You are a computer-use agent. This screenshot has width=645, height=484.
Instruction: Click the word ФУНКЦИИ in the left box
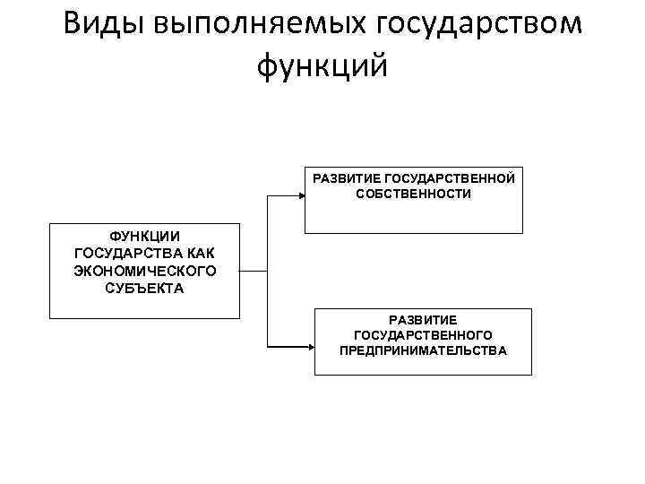click(x=144, y=237)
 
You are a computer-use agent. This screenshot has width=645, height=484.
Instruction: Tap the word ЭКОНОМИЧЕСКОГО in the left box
click(x=144, y=271)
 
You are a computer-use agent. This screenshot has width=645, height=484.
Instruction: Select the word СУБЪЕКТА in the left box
click(x=144, y=288)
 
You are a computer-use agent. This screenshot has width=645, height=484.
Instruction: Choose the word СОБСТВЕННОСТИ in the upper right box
click(x=413, y=194)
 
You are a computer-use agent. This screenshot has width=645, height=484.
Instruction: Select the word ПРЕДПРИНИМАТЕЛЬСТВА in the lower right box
click(x=423, y=350)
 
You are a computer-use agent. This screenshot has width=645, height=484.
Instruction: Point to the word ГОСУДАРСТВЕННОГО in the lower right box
click(x=423, y=334)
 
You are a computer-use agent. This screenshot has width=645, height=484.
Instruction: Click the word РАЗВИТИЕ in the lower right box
click(x=423, y=318)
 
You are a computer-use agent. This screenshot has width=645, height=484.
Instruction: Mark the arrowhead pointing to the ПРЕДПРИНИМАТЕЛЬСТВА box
click(x=308, y=347)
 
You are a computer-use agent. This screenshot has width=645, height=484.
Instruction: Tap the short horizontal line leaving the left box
click(x=254, y=271)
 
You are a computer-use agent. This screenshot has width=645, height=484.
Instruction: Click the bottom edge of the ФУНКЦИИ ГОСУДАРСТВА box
click(x=144, y=318)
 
